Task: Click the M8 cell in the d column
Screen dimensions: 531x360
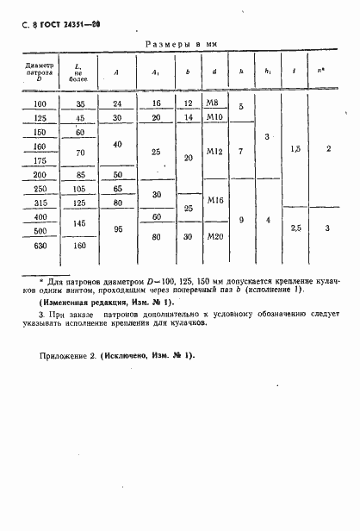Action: point(214,103)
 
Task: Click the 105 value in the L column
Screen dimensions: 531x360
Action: point(79,188)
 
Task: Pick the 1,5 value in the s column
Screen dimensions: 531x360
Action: point(295,148)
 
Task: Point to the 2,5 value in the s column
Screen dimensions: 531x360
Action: point(295,226)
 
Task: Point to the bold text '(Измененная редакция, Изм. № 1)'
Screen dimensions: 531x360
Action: point(95,303)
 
